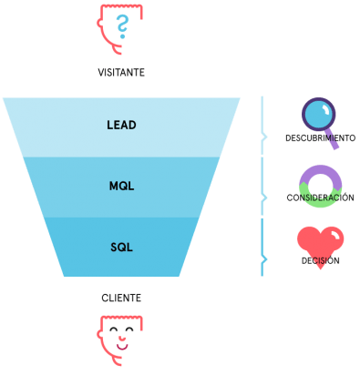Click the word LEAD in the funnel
point(121,124)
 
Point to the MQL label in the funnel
point(121,187)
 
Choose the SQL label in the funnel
point(121,247)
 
